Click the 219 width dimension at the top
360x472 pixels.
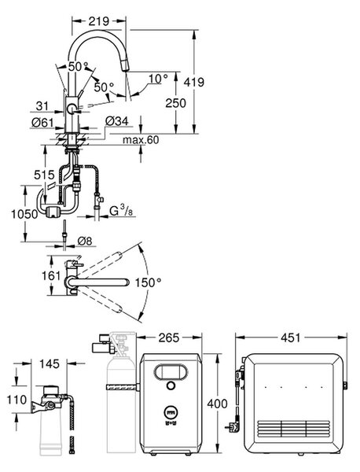[x=99, y=21]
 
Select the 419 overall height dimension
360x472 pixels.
[x=194, y=82]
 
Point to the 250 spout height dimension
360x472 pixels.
[x=175, y=103]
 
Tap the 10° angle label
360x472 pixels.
[x=159, y=79]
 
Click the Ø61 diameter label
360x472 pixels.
[x=42, y=123]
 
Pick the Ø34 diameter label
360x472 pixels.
[x=116, y=121]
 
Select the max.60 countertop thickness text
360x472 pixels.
[x=141, y=140]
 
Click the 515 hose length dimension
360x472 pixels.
[x=44, y=175]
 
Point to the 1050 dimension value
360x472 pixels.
[x=24, y=214]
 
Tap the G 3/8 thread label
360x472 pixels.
[x=121, y=211]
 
